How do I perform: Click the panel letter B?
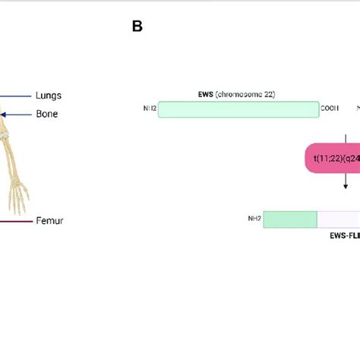pos(137,27)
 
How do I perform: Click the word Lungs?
pos(49,96)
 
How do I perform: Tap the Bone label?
pos(46,114)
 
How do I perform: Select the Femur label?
pos(49,221)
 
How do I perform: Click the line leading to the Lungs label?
pos(15,96)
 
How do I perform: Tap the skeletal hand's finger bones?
pos(17,201)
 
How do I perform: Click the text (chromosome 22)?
pos(246,94)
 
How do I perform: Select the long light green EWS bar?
pos(238,109)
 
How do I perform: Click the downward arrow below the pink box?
pos(346,182)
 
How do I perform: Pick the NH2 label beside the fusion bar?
pos(254,219)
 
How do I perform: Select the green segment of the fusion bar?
pos(291,219)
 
